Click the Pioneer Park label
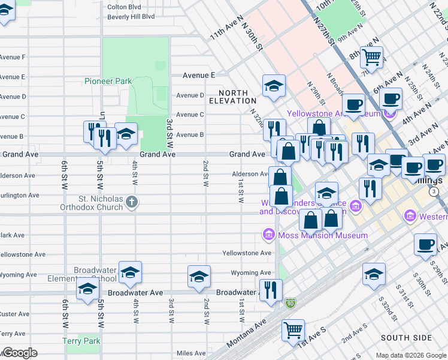(108, 81)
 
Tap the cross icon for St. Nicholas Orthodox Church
(133, 203)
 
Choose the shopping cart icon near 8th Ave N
(372, 58)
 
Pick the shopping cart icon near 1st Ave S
(293, 329)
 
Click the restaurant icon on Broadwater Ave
(271, 290)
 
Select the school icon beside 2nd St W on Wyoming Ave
(199, 276)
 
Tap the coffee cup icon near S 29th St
(425, 245)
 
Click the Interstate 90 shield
(290, 304)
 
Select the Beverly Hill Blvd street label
(131, 17)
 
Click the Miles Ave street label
(191, 353)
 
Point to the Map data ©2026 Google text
(410, 355)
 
